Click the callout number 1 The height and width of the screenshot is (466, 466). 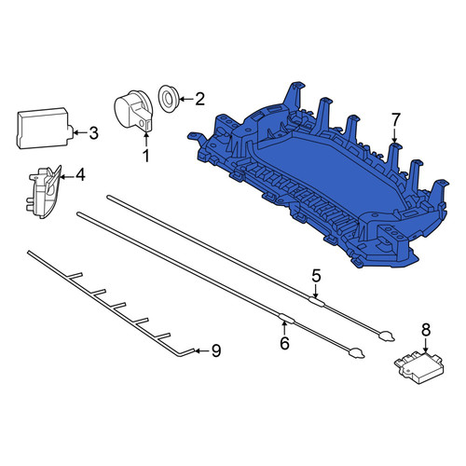click(x=145, y=156)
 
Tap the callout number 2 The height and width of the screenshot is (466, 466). click(x=199, y=99)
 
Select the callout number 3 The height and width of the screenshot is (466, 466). click(x=93, y=133)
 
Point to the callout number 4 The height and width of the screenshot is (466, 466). click(x=80, y=175)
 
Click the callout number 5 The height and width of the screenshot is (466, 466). click(x=316, y=276)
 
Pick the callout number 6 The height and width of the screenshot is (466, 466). click(x=284, y=343)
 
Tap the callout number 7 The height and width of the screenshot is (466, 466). click(x=394, y=120)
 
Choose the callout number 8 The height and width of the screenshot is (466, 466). click(x=426, y=330)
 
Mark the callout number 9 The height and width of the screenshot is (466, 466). click(x=216, y=350)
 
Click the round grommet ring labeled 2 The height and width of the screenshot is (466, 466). click(x=168, y=99)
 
